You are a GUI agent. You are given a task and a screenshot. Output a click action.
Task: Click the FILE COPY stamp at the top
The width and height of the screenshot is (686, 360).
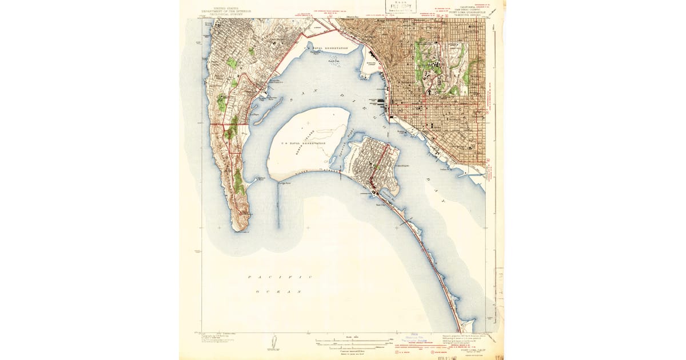click(x=400, y=9)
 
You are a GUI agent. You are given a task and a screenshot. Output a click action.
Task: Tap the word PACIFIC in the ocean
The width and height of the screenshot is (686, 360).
click(x=280, y=277)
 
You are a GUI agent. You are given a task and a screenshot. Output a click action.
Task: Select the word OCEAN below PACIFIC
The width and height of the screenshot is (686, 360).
click(x=280, y=291)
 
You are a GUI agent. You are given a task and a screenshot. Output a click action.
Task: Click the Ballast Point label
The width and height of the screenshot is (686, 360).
click(x=261, y=178)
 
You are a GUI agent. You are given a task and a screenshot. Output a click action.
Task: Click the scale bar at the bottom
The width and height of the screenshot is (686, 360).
click(x=352, y=342)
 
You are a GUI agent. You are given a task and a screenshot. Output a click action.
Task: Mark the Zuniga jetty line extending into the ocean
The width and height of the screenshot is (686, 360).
click(x=278, y=206)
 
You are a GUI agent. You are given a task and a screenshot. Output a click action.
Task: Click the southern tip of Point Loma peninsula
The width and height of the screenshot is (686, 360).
click(x=240, y=230)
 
